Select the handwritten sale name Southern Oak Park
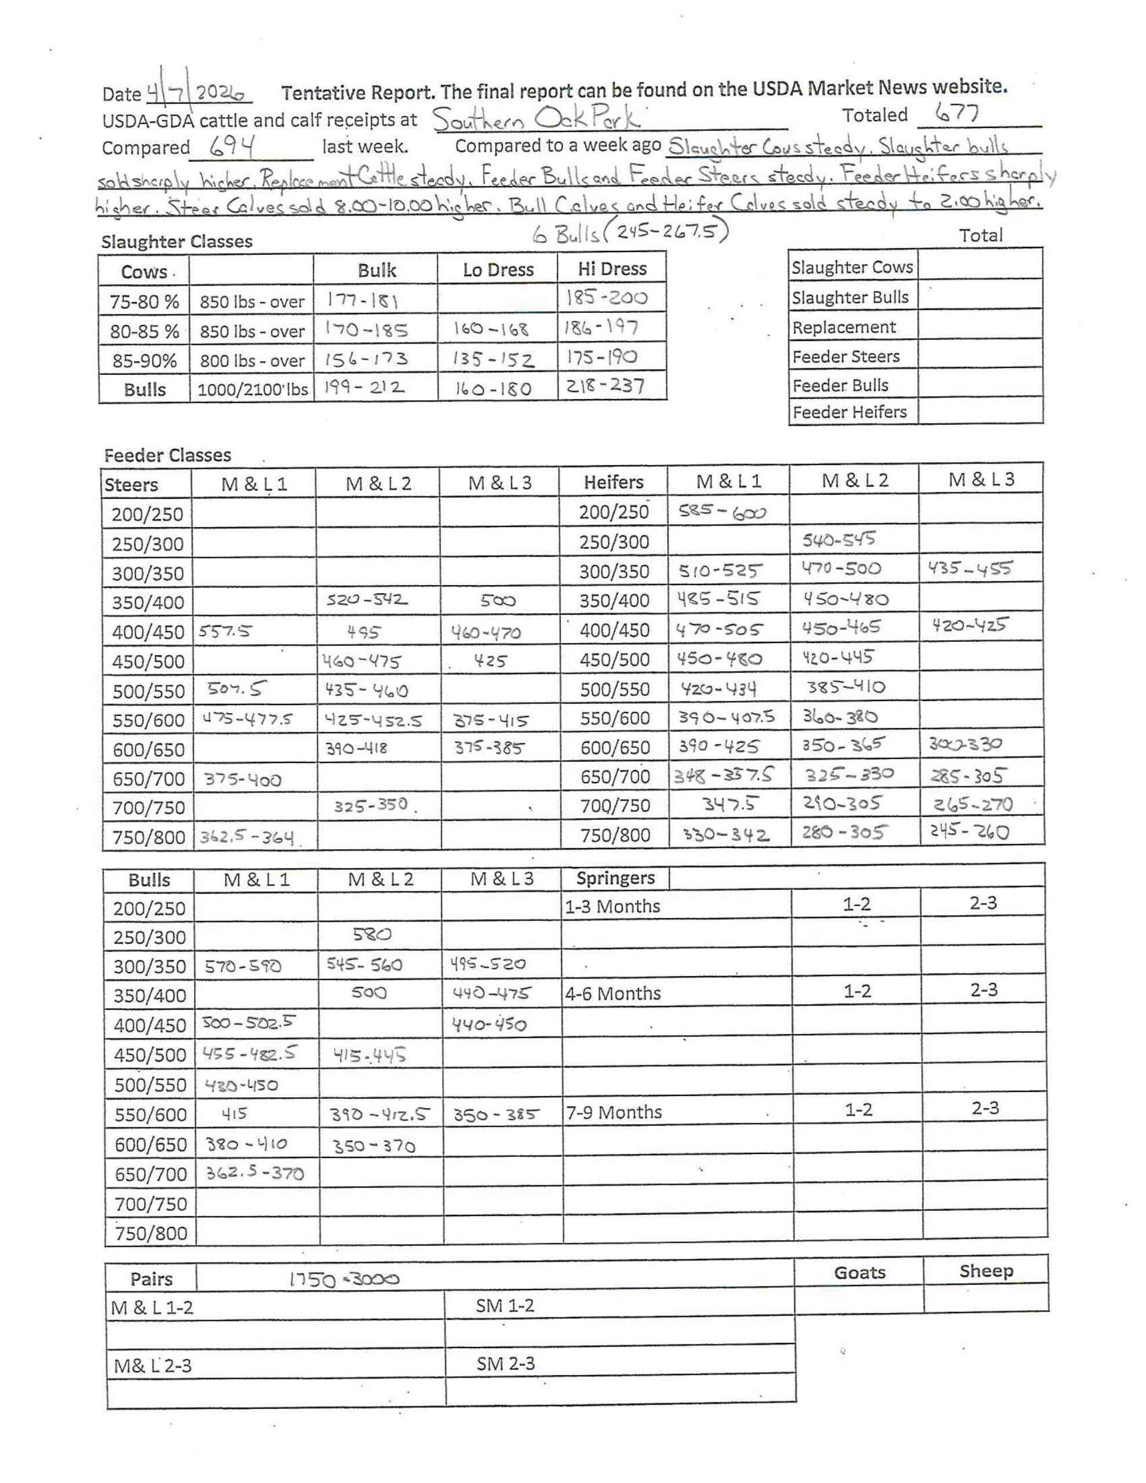[x=536, y=119]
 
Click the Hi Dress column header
[x=611, y=269]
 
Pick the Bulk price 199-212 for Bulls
[x=364, y=388]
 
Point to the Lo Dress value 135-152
[x=494, y=359]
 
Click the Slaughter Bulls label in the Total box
[x=849, y=297]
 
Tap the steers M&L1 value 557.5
[x=225, y=631]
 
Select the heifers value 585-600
[x=721, y=512]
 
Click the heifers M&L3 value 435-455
[x=969, y=568]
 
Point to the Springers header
[x=615, y=878]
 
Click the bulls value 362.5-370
[x=254, y=1172]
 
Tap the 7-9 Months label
[x=614, y=1112]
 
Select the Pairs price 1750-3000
[x=344, y=1279]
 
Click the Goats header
[x=859, y=1272]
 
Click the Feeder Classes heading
[x=167, y=455]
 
